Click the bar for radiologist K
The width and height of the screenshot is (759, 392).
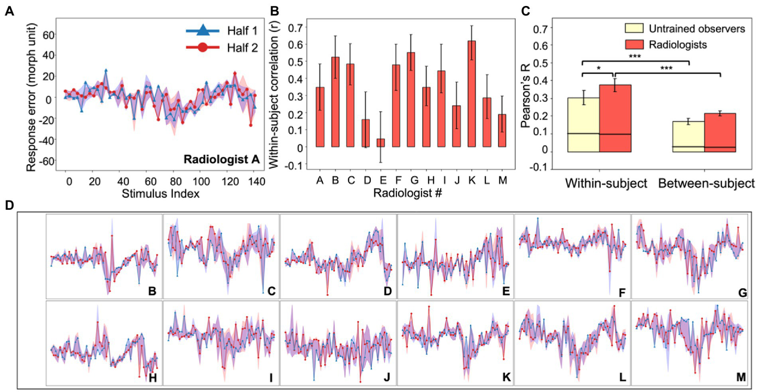point(472,94)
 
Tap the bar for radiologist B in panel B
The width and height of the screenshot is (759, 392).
point(335,102)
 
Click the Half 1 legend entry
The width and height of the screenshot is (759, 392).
point(222,31)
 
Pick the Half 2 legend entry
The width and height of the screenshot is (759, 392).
point(222,48)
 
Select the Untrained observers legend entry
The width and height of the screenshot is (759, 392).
point(685,28)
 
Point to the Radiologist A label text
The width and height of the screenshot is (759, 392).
point(221,159)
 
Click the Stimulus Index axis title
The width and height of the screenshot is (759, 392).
point(161,194)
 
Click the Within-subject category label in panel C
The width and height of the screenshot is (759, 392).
point(606,184)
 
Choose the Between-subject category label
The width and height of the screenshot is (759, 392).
point(706,184)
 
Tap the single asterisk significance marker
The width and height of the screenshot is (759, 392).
point(598,69)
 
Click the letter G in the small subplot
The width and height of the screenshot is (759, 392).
point(742,293)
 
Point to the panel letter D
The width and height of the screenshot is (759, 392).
point(9,205)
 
